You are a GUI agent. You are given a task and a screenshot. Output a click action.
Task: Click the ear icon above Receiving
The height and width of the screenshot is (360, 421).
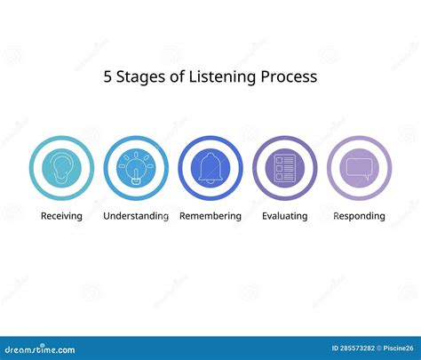61,168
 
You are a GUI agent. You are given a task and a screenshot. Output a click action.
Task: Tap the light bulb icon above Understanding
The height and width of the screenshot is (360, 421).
136,168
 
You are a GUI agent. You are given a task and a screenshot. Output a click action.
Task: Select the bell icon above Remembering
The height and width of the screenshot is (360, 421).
210,168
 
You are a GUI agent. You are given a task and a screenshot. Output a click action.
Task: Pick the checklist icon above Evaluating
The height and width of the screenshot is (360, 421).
285,168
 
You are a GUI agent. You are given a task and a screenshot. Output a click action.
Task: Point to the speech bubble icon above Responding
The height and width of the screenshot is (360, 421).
359,169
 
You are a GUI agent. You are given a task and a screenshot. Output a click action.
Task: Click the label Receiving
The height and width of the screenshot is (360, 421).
61,216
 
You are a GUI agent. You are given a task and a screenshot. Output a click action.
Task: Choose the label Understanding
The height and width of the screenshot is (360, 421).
136,216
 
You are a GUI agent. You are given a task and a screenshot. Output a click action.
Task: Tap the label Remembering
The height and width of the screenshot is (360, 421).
210,216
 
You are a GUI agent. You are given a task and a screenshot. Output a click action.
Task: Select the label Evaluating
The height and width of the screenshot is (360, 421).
285,216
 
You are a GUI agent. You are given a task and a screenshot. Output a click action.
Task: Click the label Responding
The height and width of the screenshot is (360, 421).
359,216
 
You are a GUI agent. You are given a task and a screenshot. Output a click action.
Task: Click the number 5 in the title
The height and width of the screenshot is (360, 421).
107,76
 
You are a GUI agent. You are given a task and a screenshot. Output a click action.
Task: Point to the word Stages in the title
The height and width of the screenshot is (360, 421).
140,77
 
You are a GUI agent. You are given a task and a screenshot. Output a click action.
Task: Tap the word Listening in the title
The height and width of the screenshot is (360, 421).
222,77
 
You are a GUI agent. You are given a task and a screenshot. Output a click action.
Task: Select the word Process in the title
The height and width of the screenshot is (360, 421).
289,76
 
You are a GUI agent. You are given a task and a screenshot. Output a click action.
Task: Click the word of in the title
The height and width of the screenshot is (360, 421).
177,76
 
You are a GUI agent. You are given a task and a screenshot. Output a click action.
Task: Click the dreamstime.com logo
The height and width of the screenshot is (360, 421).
40,349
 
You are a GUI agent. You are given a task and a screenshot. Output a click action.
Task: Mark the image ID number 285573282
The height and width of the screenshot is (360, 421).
357,348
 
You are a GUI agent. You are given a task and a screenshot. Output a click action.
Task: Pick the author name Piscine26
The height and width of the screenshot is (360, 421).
398,348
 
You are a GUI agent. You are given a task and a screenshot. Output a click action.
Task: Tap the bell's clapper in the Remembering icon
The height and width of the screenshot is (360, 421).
210,181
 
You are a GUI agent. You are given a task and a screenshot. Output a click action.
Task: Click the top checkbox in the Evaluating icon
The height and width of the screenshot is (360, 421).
279,160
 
